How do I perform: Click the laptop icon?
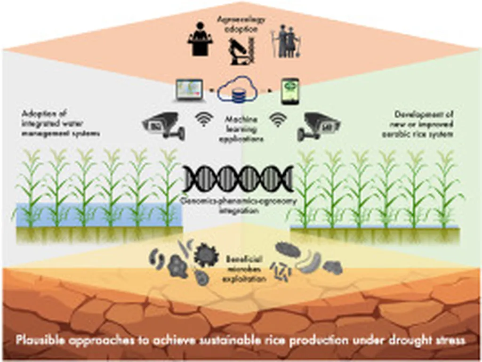coord(189,89)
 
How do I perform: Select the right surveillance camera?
coord(318,125)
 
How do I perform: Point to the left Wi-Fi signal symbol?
coord(204,121)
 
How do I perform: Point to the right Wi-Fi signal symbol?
coord(277,121)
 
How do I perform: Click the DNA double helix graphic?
coord(238,179)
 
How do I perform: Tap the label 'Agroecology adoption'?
coord(241,24)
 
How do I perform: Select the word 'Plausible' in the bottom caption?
coord(38,340)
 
